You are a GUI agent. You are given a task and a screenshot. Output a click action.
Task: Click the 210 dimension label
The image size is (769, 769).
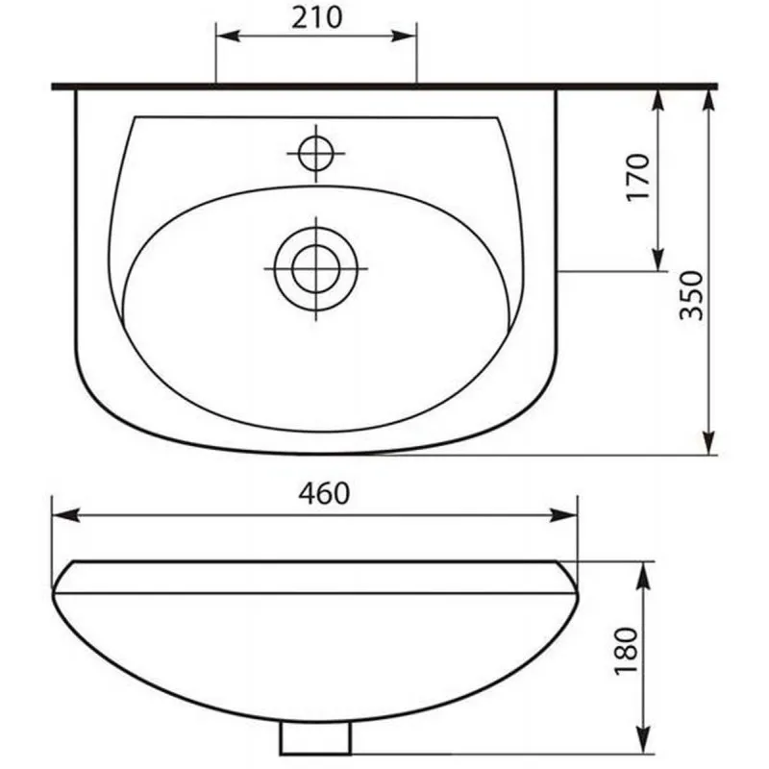pyautogui.click(x=316, y=18)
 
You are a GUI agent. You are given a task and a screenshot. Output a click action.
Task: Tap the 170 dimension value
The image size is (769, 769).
pyautogui.click(x=638, y=177)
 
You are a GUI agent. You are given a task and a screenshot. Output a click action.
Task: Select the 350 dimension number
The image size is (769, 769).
pyautogui.click(x=691, y=295)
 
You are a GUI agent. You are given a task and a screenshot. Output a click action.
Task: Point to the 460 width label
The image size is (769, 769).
pyautogui.click(x=324, y=493)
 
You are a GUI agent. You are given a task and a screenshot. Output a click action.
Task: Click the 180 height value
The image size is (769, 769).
pyautogui.click(x=627, y=651)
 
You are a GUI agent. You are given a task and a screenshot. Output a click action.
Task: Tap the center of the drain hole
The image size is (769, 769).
pyautogui.click(x=316, y=269)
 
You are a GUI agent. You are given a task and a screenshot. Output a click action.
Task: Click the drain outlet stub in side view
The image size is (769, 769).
pyautogui.click(x=316, y=738)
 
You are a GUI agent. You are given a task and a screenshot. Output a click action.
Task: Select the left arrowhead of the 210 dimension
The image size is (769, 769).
pyautogui.click(x=228, y=36)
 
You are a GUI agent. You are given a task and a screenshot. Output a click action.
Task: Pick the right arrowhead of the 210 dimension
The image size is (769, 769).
pyautogui.click(x=404, y=36)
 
